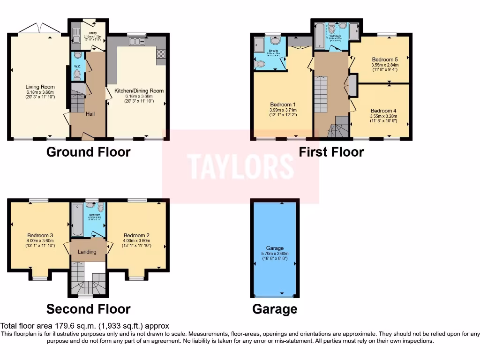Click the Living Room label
(40, 87)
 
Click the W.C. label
(77, 66)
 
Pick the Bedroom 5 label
(385, 60)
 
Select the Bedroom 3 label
(40, 235)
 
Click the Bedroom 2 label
(136, 235)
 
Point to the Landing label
(87, 252)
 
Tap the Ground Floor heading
(88, 152)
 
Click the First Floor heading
(331, 152)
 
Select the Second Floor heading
(88, 309)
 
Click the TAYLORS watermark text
(240, 166)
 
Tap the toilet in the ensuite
(262, 64)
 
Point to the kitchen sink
(135, 42)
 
